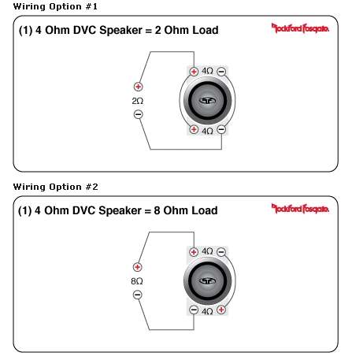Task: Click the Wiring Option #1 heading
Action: tap(55, 6)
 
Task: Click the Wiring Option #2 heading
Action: tap(56, 187)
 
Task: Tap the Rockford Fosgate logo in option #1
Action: tap(300, 28)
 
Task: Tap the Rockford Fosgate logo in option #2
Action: tap(300, 209)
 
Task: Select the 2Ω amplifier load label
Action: tap(138, 101)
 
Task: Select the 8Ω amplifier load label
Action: tap(137, 281)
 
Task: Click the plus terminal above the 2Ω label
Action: tap(138, 87)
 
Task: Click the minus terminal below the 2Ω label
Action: tap(138, 114)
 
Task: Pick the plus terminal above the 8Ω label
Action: tap(137, 267)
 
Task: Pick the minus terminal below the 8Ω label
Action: tap(137, 295)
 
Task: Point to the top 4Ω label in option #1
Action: tap(207, 71)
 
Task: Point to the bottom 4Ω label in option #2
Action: tap(207, 311)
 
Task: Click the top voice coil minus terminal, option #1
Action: tap(221, 72)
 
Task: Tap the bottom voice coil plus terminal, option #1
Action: tap(194, 129)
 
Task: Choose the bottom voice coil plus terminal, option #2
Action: tap(221, 310)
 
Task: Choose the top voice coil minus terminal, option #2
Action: tap(221, 252)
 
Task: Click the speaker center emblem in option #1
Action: tap(207, 101)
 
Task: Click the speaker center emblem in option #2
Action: tap(207, 281)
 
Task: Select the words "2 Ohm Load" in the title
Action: tap(187, 30)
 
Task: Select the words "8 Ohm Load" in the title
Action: tap(186, 210)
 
